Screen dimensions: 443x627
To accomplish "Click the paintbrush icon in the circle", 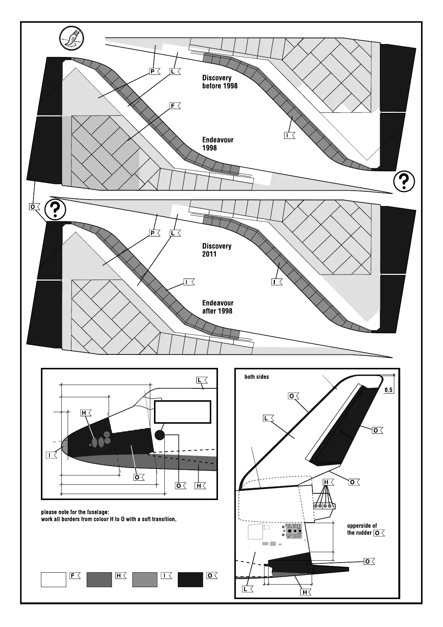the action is (x=72, y=38).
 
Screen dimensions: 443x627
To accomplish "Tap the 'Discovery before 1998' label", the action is (x=219, y=82).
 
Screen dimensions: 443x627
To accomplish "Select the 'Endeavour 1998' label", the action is (x=218, y=144).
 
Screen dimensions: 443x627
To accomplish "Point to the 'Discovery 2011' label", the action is (x=216, y=250).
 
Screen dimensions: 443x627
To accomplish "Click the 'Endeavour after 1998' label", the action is (x=218, y=307).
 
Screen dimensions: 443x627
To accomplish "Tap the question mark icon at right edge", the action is (x=404, y=182).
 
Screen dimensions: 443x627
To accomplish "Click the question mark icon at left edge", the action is (x=55, y=210).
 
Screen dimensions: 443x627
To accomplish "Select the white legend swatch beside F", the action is (x=53, y=579).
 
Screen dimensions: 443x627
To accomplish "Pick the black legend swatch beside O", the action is (x=190, y=579).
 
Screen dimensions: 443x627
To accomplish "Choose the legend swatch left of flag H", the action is (x=99, y=579).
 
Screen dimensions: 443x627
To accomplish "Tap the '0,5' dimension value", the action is (x=389, y=390).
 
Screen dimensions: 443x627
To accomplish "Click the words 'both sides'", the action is (x=256, y=377).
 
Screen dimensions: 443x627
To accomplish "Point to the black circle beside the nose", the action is (x=160, y=435).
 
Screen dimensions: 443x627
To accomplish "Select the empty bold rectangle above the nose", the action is (x=183, y=412).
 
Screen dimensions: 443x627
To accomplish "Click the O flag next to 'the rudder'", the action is (x=378, y=533).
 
